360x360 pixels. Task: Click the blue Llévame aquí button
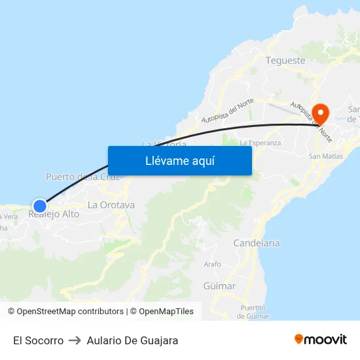pyautogui.click(x=179, y=160)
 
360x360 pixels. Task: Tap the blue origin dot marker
pyautogui.click(x=40, y=206)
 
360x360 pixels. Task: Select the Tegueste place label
pyautogui.click(x=285, y=60)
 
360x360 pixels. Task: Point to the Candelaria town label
pyautogui.click(x=257, y=243)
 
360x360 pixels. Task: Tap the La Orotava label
pyautogui.click(x=111, y=205)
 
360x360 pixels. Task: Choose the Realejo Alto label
pyautogui.click(x=54, y=214)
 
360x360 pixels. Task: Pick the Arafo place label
pyautogui.click(x=213, y=264)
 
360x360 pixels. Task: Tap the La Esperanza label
pyautogui.click(x=261, y=142)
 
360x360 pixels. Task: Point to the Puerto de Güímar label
pyautogui.click(x=253, y=312)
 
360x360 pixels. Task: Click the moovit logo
pyautogui.click(x=320, y=339)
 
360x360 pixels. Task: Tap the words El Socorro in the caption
pyautogui.click(x=38, y=340)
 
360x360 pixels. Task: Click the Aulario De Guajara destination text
pyautogui.click(x=132, y=340)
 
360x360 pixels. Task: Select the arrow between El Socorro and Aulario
pyautogui.click(x=75, y=340)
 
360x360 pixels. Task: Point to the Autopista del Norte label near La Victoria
pyautogui.click(x=227, y=110)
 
